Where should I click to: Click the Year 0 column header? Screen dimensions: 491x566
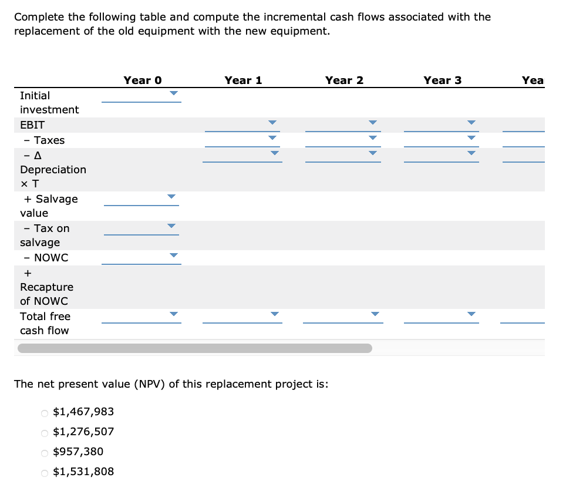coord(142,80)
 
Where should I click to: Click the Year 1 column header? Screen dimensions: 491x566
coord(243,80)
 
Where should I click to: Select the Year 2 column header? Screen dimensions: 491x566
coord(344,80)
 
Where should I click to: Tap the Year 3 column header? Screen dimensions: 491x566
coord(443,80)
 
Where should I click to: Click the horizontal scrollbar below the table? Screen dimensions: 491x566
coord(194,348)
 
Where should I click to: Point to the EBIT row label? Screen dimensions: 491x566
coord(32,125)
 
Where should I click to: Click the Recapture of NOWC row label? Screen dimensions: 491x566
coord(46,287)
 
